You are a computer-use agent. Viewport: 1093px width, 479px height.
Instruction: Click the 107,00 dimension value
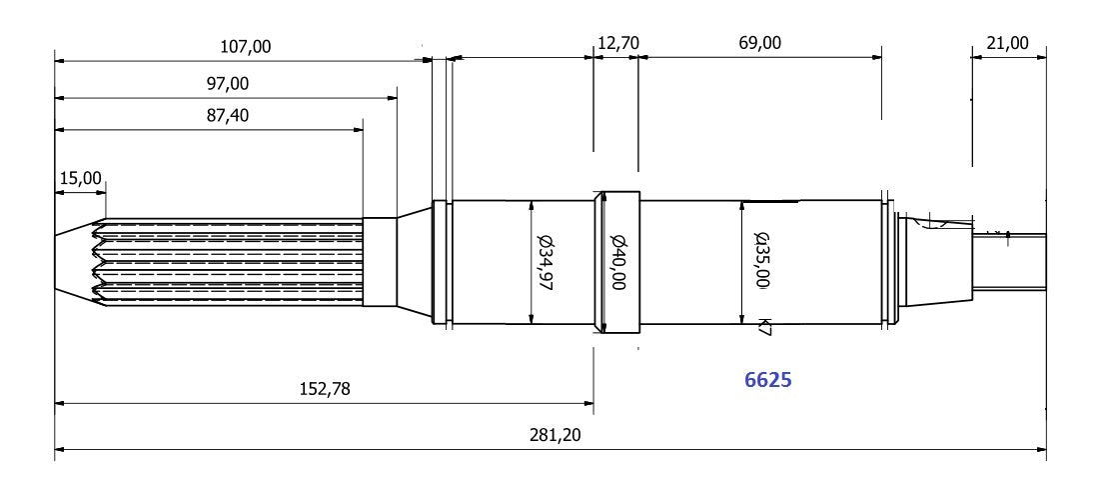[x=244, y=46]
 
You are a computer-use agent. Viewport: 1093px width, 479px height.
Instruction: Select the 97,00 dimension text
[x=227, y=83]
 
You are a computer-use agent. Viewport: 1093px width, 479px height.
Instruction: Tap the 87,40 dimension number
[x=227, y=115]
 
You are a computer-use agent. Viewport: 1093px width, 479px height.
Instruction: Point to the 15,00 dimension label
[x=81, y=178]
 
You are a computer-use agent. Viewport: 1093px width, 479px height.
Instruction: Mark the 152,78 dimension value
[x=324, y=388]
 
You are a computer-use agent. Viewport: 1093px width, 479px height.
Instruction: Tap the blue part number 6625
[x=768, y=380]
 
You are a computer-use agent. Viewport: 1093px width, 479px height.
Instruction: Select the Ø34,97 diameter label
[x=545, y=261]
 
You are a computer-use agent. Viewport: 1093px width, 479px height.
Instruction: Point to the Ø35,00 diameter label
[x=762, y=260]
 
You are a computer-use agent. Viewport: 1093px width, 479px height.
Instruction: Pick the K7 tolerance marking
[x=764, y=326]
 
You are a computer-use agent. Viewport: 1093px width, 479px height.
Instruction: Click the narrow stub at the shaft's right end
[x=1009, y=262]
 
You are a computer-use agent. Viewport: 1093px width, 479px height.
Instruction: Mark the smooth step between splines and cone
[x=380, y=262]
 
